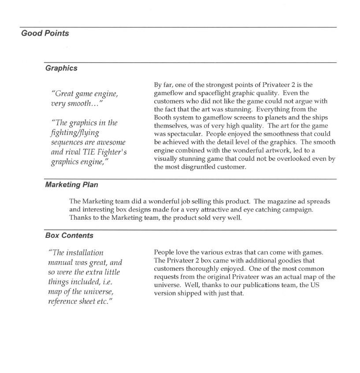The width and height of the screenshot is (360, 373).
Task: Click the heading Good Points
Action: (x=45, y=33)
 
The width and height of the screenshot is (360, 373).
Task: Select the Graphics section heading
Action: (x=61, y=68)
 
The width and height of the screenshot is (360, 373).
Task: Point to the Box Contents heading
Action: (x=69, y=236)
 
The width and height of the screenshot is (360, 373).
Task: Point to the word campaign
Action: (x=298, y=210)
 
